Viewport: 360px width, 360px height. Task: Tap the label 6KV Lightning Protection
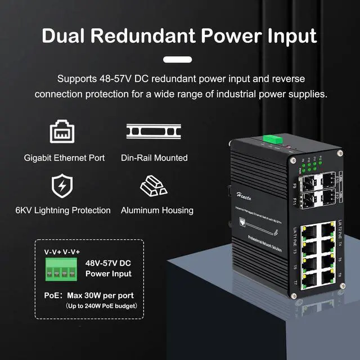point(63,210)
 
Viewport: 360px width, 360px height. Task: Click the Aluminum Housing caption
point(157,210)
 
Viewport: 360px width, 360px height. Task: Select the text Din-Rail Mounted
point(154,158)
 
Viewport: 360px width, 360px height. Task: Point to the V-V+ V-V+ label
point(62,252)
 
